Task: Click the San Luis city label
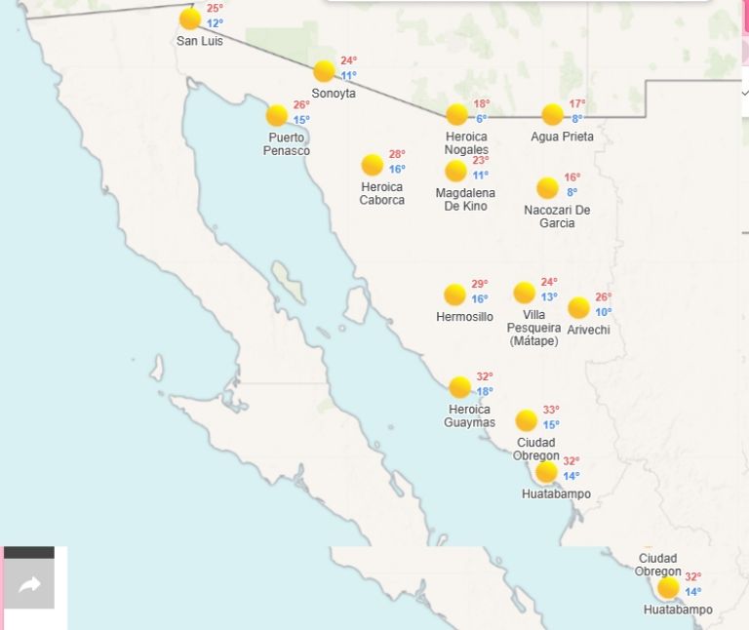[x=199, y=41]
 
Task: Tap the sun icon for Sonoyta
[x=324, y=71]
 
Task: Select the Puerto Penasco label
[x=287, y=144]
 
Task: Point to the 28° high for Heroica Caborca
[x=397, y=154]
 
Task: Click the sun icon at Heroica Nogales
[x=457, y=115]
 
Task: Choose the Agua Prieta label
[x=562, y=137]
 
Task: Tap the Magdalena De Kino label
[x=465, y=200]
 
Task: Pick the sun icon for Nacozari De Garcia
[x=547, y=188]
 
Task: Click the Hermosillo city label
[x=464, y=317]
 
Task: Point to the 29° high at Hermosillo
[x=480, y=284]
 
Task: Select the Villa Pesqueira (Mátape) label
[x=533, y=328]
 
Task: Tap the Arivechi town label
[x=588, y=330]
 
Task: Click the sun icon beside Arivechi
[x=578, y=308]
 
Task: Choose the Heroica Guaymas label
[x=469, y=416]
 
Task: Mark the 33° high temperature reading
[x=551, y=410]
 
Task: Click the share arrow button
[x=29, y=585]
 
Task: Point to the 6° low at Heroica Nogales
[x=482, y=119]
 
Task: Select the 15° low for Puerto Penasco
[x=301, y=120]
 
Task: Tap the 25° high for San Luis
[x=215, y=8]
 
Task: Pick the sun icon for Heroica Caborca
[x=372, y=165]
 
